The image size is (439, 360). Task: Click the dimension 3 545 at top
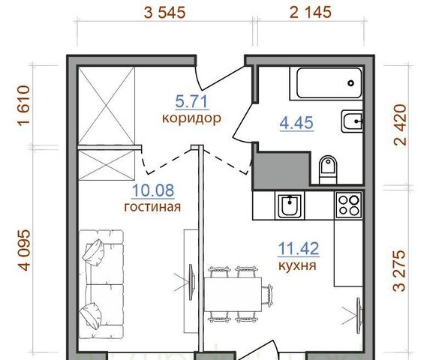pyautogui.click(x=164, y=13)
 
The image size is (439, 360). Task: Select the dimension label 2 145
pyautogui.click(x=310, y=12)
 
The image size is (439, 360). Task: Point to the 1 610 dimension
pyautogui.click(x=24, y=106)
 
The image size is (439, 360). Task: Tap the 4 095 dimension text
pyautogui.click(x=24, y=250)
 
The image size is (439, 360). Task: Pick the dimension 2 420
pyautogui.click(x=399, y=124)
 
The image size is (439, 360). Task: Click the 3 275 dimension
pyautogui.click(x=399, y=271)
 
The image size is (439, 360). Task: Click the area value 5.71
pyautogui.click(x=192, y=101)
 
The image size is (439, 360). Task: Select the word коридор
pyautogui.click(x=192, y=118)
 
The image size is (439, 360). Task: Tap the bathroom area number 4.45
pyautogui.click(x=296, y=123)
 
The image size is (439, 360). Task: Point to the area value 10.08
pyautogui.click(x=153, y=190)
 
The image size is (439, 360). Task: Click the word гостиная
pyautogui.click(x=152, y=207)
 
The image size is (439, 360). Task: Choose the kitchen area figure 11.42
pyautogui.click(x=299, y=249)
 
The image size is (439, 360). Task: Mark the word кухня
pyautogui.click(x=297, y=265)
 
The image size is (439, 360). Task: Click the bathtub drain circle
pyautogui.click(x=350, y=83)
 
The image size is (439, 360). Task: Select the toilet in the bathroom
pyautogui.click(x=328, y=169)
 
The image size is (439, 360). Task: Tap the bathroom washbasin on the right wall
pyautogui.click(x=352, y=121)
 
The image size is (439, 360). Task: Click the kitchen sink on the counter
pyautogui.click(x=290, y=205)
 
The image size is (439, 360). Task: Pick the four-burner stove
pyautogui.click(x=349, y=205)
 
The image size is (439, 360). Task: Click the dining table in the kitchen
pyautogui.click(x=233, y=294)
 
